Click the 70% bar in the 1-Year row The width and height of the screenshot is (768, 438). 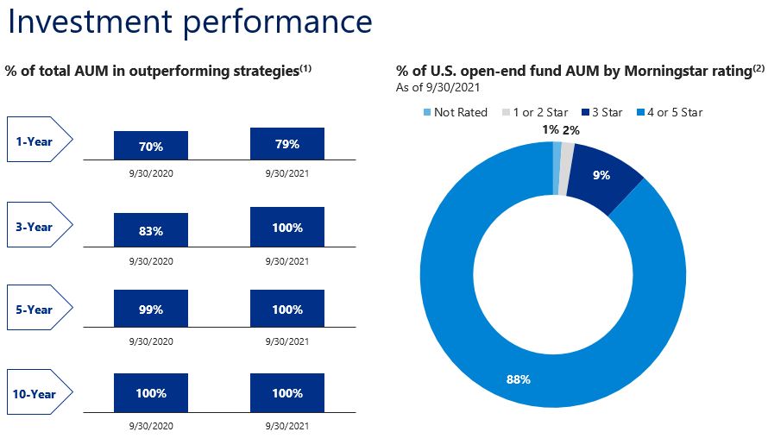[150, 146]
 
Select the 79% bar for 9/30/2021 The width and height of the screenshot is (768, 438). [287, 144]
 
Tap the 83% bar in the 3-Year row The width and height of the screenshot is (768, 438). [150, 230]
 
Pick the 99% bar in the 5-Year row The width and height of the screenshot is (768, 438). [150, 310]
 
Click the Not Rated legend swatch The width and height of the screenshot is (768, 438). [425, 112]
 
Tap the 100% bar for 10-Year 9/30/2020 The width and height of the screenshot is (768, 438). [150, 393]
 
